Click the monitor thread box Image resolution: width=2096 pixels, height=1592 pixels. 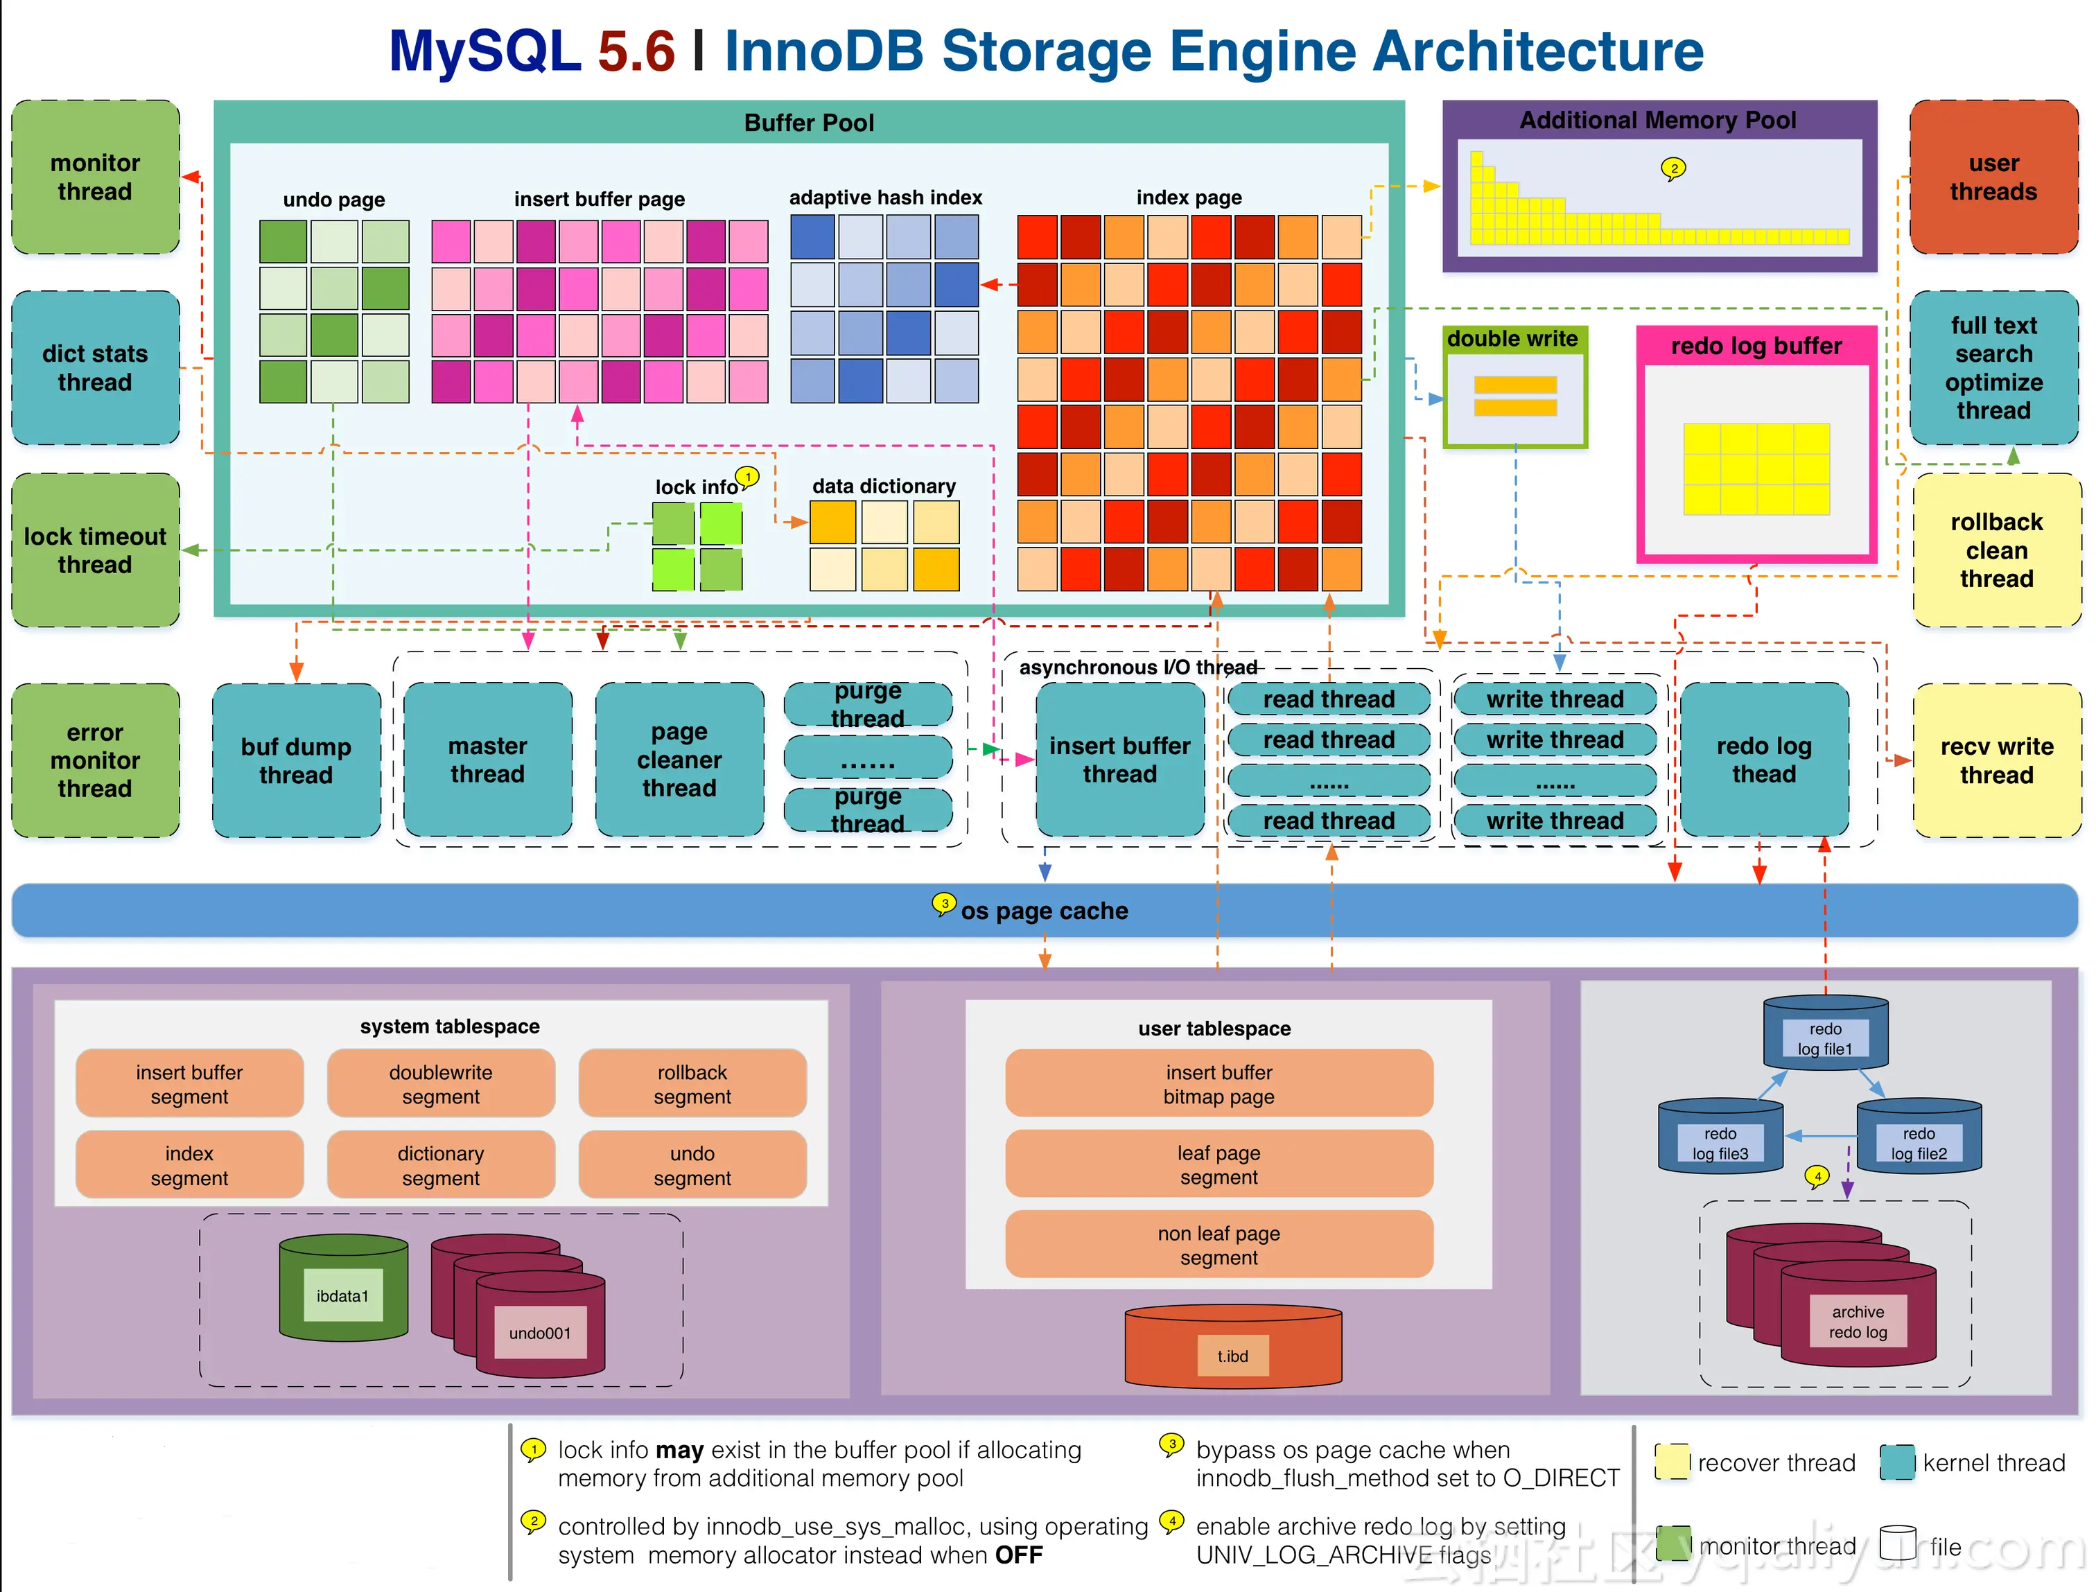pos(95,177)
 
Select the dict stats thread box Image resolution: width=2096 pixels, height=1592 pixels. pos(95,367)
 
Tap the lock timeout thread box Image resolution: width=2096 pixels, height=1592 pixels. pos(95,550)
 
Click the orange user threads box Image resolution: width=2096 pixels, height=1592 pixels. pos(1993,177)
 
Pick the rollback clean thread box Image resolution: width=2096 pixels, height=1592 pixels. pos(1995,550)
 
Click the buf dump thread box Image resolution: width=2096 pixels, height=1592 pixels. pos(296,760)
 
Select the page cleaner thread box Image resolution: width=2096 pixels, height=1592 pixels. pos(679,760)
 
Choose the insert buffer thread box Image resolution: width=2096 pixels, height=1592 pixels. pos(1119,760)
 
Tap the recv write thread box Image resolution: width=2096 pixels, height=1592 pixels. pos(1995,760)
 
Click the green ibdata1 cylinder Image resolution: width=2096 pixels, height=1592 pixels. pos(343,1288)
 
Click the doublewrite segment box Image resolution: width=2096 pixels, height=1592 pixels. pos(441,1083)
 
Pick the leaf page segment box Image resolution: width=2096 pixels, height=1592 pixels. pos(1219,1164)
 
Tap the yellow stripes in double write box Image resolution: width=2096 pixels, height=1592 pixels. pos(1514,396)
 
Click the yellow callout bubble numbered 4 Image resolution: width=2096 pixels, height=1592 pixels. pos(1817,1176)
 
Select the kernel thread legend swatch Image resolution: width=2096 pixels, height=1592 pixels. pos(1897,1462)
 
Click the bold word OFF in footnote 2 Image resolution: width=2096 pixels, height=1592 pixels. pos(1019,1555)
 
